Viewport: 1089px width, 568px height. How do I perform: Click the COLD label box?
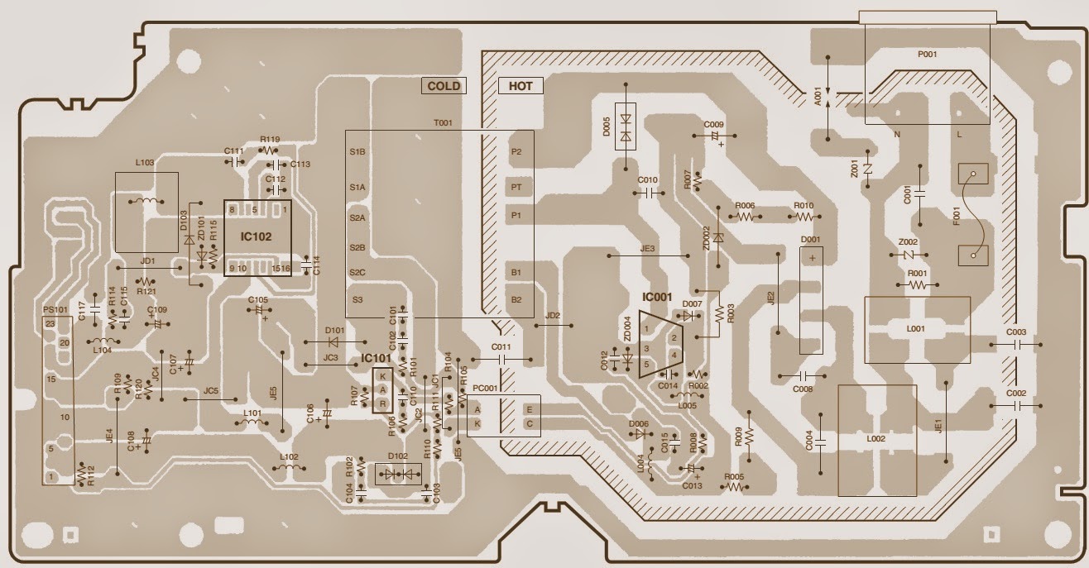444,86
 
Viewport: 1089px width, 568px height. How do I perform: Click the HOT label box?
521,86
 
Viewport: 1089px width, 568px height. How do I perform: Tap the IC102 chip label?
257,236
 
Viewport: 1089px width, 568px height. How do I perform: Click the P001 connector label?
927,55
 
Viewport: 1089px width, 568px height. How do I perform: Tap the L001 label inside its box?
916,330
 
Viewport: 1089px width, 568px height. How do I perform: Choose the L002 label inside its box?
876,439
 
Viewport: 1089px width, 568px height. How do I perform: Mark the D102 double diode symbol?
397,475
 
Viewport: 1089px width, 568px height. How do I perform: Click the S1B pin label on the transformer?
357,152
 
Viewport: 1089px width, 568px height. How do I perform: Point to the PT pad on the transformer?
516,188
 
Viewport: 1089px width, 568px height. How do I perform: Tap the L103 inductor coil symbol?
146,202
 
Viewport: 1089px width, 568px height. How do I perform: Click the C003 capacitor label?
1016,332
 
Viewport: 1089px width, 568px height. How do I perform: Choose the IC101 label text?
376,358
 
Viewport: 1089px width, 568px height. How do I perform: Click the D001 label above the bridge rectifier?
811,240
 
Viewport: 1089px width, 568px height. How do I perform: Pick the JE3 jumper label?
648,247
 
